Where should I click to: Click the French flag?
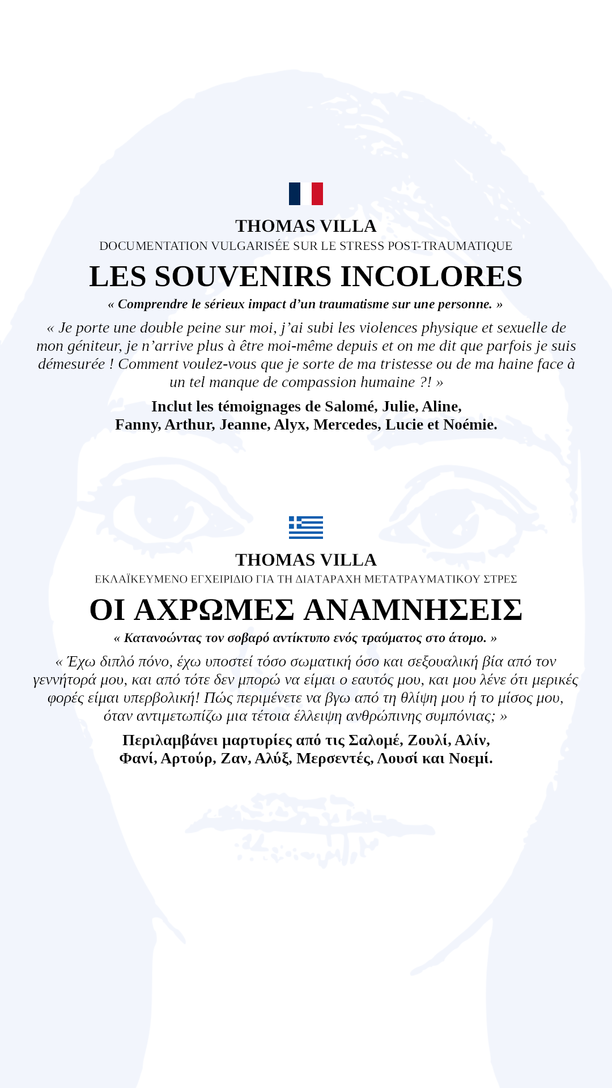coord(306,194)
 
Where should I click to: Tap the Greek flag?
coord(306,527)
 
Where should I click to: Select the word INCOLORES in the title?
coord(431,277)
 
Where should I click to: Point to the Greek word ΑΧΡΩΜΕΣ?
coord(214,610)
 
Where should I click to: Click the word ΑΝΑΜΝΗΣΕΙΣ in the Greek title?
coord(413,610)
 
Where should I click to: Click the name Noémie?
coord(470,424)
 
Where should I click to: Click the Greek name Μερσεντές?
coord(334,758)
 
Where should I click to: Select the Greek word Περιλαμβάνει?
coord(170,740)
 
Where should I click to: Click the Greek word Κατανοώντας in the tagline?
coord(163,638)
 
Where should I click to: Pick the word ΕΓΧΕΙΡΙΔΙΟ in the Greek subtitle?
coord(222,579)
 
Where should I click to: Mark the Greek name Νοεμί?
coord(470,758)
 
